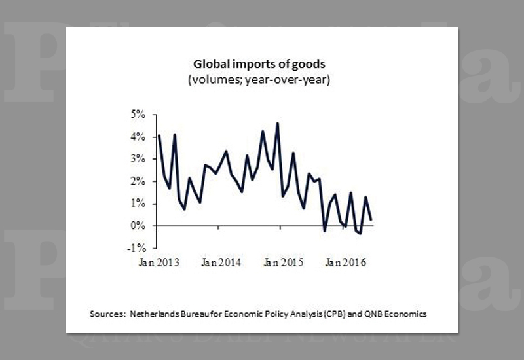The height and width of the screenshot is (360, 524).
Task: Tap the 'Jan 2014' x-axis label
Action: click(x=221, y=263)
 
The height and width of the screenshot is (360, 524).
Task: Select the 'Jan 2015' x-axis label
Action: click(x=284, y=263)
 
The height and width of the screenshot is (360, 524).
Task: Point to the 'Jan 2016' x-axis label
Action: click(x=346, y=263)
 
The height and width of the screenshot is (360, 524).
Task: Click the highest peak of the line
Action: click(x=278, y=123)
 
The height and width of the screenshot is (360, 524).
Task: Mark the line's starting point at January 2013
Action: click(x=159, y=135)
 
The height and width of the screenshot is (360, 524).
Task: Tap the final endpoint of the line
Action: click(x=372, y=219)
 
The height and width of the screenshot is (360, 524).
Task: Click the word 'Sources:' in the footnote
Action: click(x=107, y=314)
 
